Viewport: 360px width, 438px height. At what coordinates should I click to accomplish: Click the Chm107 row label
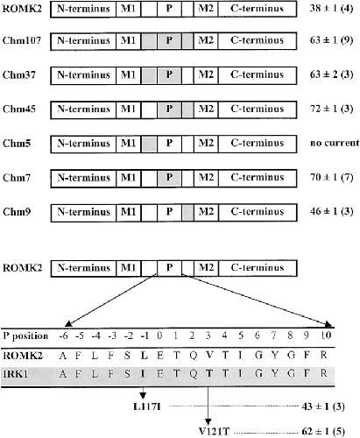(22, 40)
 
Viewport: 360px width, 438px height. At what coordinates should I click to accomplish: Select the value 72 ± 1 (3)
(331, 109)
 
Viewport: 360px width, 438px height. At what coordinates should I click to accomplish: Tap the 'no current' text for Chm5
(335, 143)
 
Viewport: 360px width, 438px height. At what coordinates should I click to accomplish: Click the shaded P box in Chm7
(169, 178)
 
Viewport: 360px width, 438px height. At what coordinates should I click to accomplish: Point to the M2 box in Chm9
(206, 212)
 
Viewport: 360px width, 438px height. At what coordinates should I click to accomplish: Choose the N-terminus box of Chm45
(83, 109)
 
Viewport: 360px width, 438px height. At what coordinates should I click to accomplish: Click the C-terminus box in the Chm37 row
(258, 74)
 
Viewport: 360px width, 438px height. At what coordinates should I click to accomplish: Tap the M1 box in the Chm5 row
(128, 144)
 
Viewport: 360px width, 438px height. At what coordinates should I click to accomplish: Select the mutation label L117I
(147, 406)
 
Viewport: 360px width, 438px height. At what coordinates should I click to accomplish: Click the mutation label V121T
(214, 431)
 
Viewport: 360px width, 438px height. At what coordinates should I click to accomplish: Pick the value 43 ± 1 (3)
(323, 406)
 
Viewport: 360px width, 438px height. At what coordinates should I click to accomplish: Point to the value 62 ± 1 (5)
(323, 431)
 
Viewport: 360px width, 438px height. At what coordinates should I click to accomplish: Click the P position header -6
(63, 336)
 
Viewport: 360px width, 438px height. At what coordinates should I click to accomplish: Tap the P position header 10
(326, 336)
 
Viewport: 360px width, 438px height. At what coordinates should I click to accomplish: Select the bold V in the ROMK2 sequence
(209, 355)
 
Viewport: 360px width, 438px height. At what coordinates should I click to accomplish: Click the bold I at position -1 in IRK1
(143, 374)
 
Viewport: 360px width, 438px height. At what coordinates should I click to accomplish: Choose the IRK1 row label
(16, 374)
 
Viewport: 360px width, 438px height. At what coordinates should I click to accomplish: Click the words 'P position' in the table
(25, 336)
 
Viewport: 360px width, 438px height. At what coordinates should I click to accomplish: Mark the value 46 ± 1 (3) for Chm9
(331, 212)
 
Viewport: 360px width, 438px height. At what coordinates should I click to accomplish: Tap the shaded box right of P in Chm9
(187, 213)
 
